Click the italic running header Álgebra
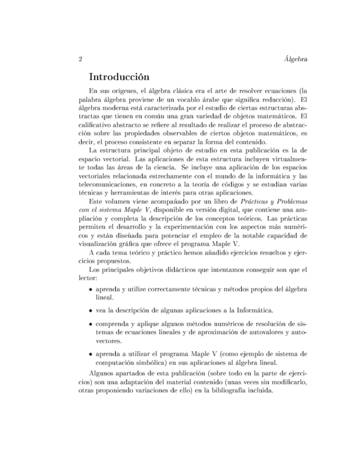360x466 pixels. (x=293, y=59)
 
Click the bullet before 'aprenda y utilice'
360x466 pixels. (x=91, y=290)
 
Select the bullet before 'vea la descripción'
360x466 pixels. (x=91, y=310)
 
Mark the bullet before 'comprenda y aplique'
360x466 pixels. (x=91, y=324)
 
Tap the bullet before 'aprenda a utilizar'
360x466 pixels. (x=91, y=353)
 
